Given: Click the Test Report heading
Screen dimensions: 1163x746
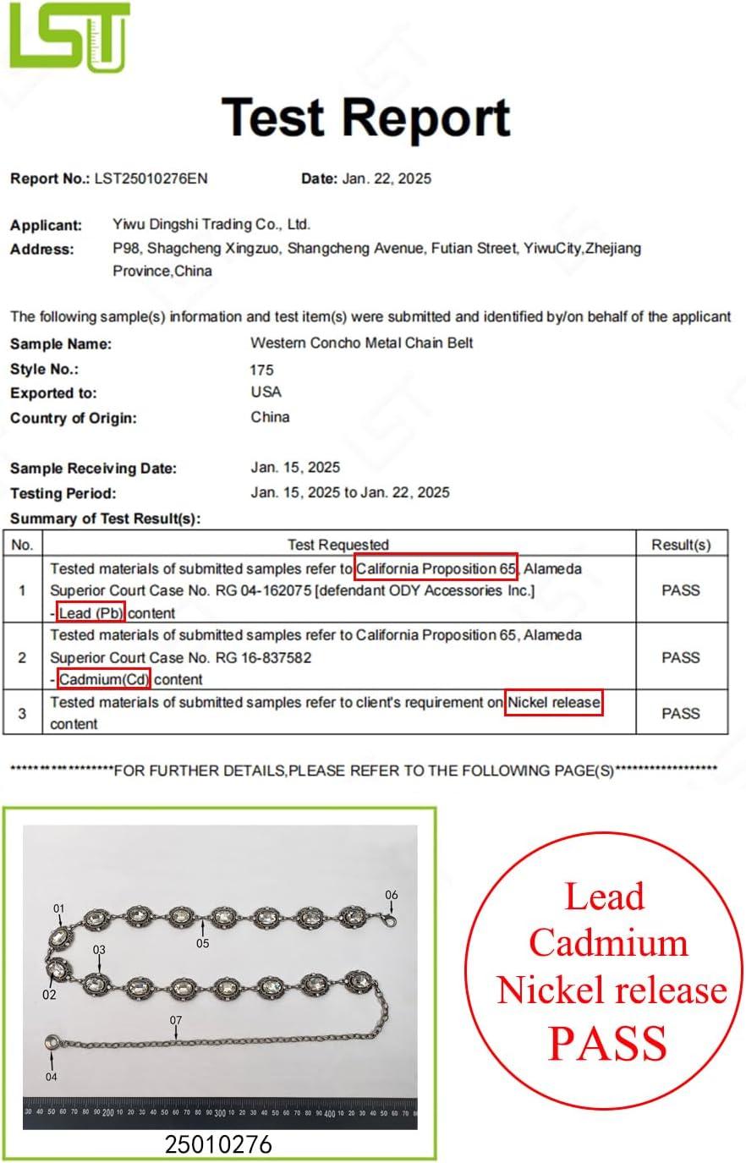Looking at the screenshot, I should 366,117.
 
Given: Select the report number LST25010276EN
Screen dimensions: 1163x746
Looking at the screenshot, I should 151,178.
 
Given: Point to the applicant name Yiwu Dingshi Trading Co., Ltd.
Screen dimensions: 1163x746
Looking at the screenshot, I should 211,224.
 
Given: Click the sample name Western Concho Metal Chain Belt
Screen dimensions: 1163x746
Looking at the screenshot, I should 361,343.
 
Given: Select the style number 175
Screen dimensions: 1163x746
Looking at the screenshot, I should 261,370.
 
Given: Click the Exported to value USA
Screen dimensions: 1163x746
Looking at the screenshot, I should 266,392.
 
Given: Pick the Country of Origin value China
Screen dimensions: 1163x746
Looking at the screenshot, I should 270,417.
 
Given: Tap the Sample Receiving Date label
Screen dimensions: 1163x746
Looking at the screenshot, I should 93,469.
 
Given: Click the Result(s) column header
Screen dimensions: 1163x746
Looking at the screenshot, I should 680,545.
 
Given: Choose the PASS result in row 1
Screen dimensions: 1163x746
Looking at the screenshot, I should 680,590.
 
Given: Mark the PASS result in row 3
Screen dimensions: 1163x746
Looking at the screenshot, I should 680,714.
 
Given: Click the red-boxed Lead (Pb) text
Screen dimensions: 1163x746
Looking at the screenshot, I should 91,612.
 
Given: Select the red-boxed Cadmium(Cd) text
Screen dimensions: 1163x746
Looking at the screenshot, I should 104,678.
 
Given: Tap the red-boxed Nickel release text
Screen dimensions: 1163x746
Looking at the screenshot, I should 554,702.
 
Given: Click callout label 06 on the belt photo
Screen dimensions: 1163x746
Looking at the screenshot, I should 391,895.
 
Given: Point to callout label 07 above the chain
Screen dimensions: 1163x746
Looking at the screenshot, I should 175,1021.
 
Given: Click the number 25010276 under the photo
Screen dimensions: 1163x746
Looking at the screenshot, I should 218,1144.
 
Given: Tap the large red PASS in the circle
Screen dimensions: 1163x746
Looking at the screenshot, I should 607,1043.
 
